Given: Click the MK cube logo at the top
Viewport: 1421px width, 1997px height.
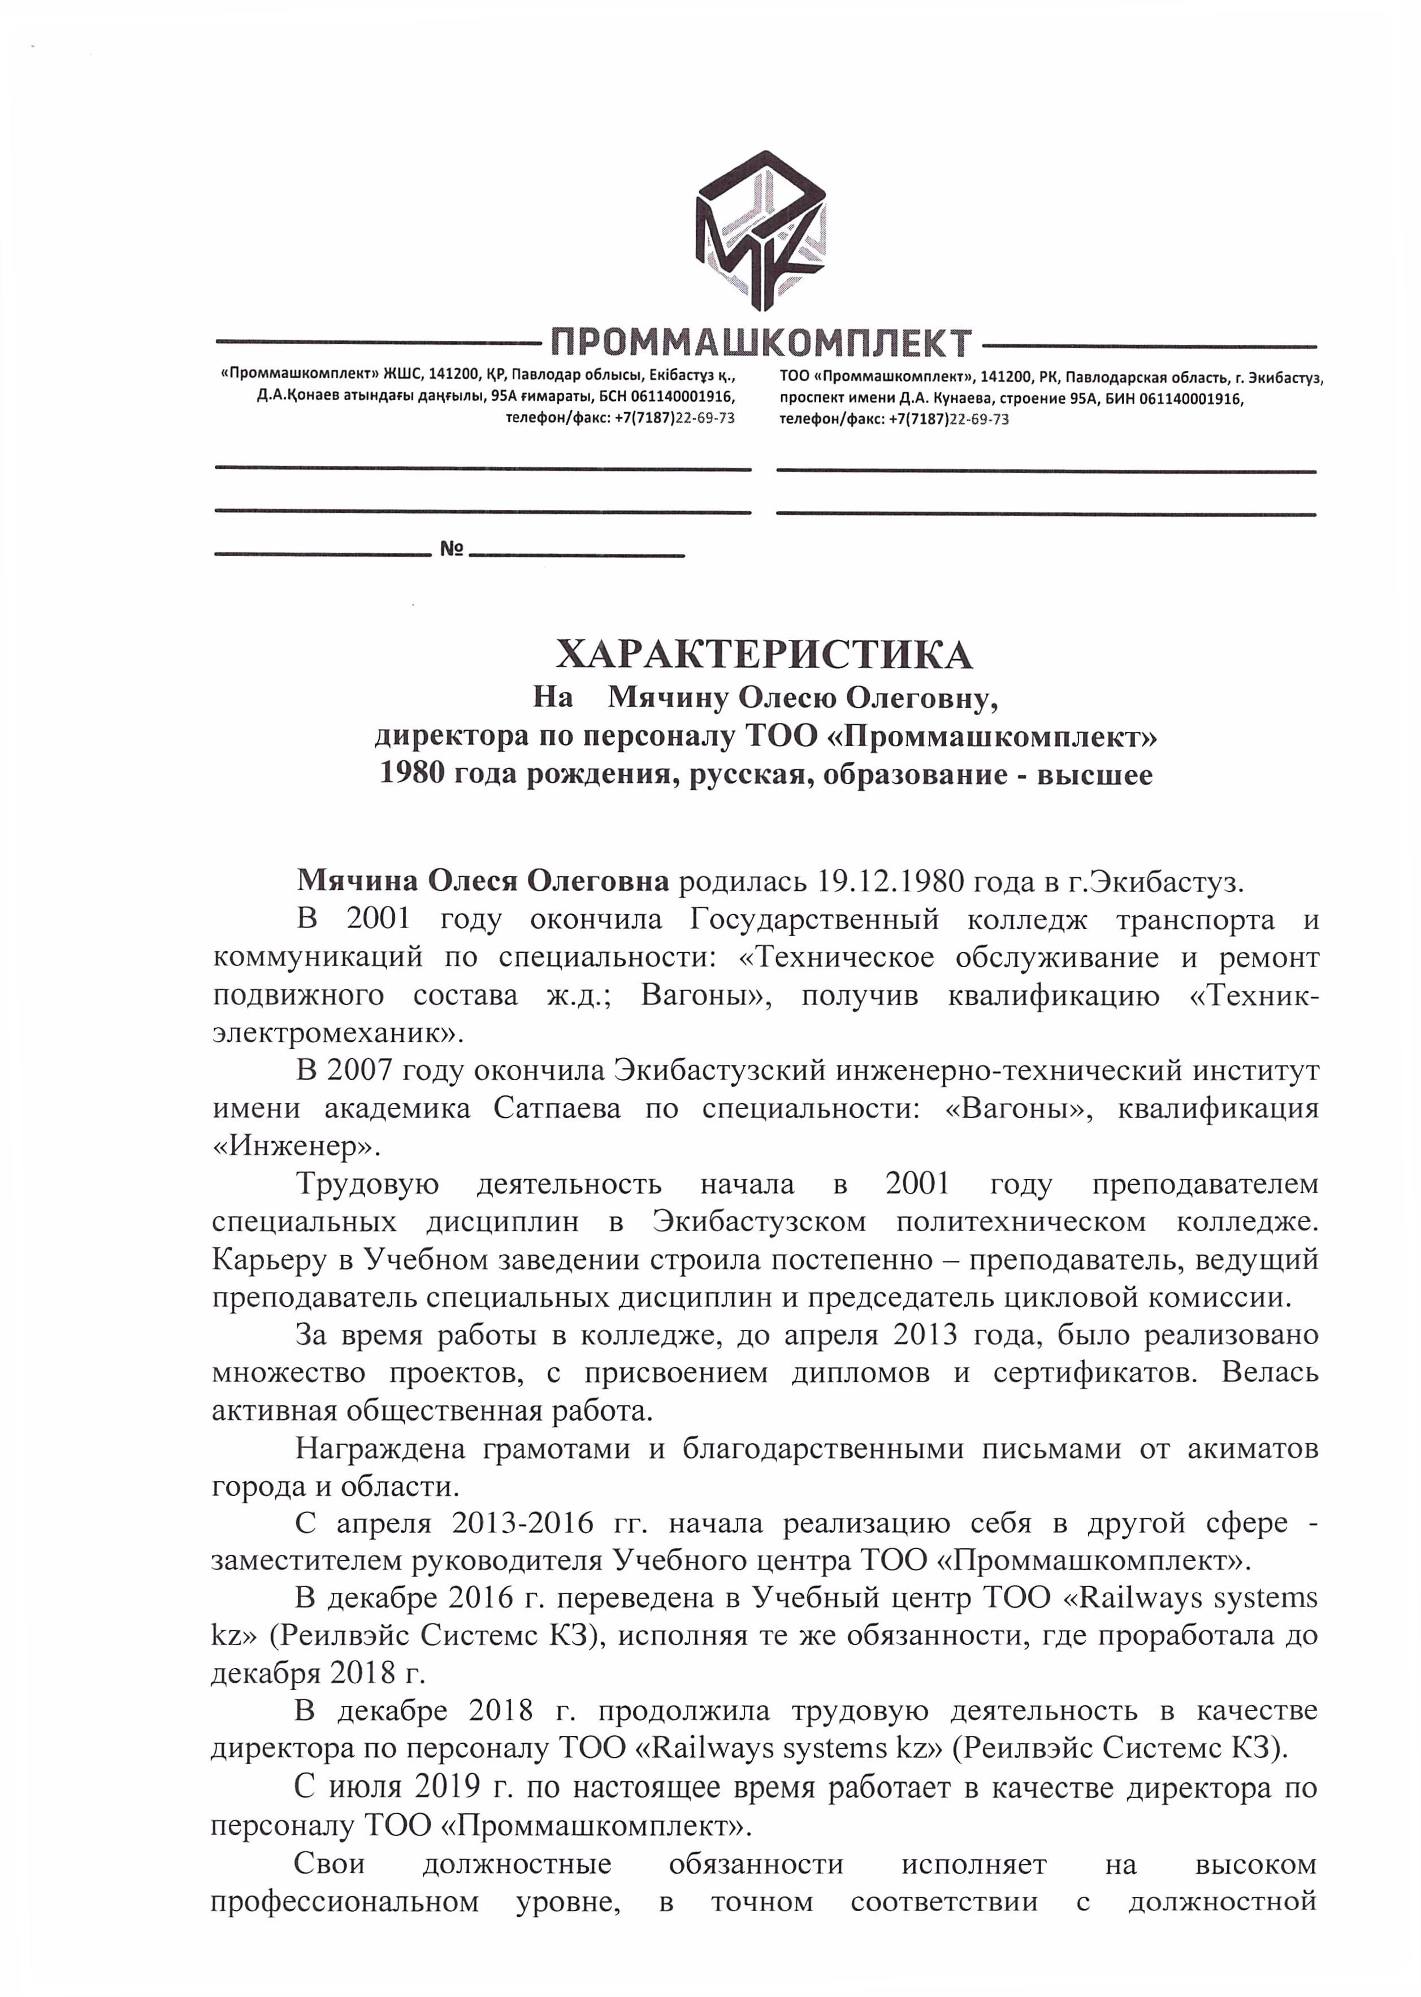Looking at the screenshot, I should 760,230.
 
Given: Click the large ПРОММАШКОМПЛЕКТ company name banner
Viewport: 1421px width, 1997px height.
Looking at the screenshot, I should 760,342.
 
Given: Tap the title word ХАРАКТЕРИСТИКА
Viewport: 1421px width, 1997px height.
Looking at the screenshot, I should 764,654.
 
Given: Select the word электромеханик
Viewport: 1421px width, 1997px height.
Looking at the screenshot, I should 331,1033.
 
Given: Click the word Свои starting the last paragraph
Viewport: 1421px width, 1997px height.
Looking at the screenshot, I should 330,1863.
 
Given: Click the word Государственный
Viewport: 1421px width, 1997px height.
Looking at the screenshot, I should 815,919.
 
